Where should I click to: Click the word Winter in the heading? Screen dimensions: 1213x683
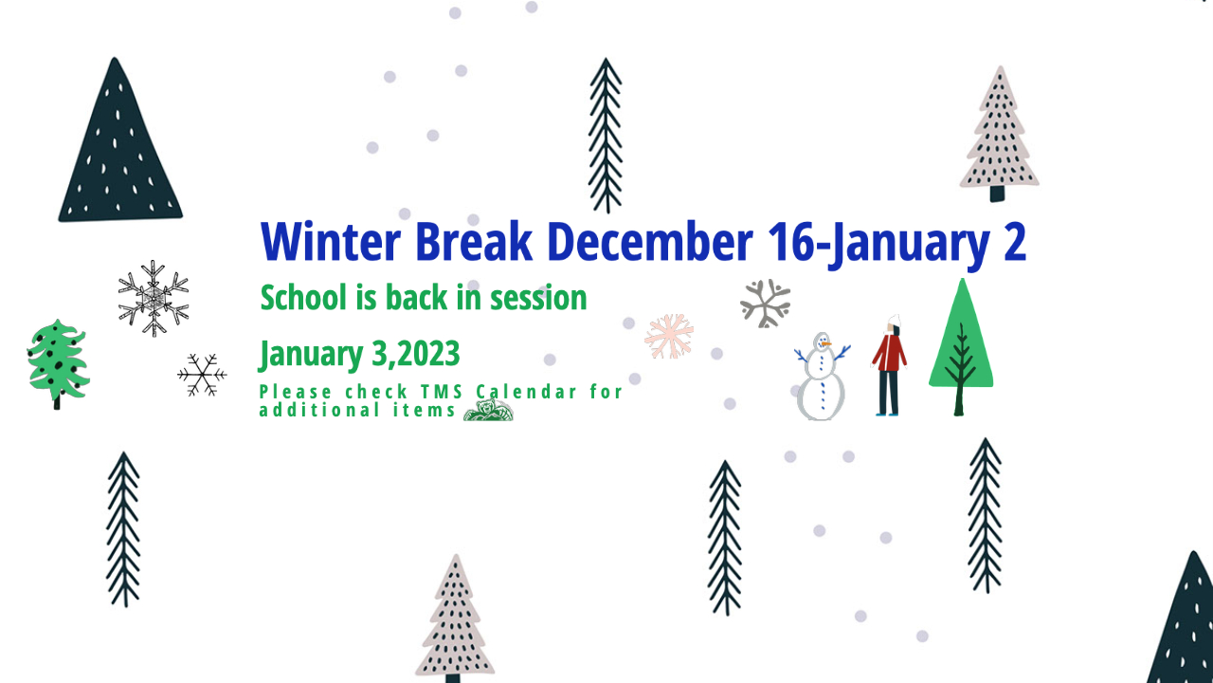pos(331,241)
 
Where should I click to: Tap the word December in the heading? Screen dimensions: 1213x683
pos(650,241)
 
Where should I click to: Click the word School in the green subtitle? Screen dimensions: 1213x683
pos(303,298)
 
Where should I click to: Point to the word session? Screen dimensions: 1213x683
pos(538,298)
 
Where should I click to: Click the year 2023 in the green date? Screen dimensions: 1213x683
pos(429,354)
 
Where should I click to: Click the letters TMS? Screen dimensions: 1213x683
pos(442,392)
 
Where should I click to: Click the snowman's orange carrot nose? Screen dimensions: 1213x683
pos(826,343)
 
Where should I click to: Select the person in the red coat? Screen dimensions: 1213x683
pos(889,366)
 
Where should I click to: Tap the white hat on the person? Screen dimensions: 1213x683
pos(894,321)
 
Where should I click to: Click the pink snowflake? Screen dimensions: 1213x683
pos(669,336)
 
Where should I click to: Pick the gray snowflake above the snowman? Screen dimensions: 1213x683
pos(765,304)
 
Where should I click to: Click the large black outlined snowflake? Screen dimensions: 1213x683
pos(154,298)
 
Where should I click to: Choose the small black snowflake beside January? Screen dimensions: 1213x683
pos(202,375)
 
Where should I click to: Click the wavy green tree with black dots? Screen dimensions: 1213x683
pos(58,362)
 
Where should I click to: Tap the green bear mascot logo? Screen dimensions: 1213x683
pos(488,410)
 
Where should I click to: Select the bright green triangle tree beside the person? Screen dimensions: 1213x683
pos(961,347)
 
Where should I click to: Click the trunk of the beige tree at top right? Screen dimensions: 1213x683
pos(998,194)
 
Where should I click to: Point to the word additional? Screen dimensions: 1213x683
pos(319,411)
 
